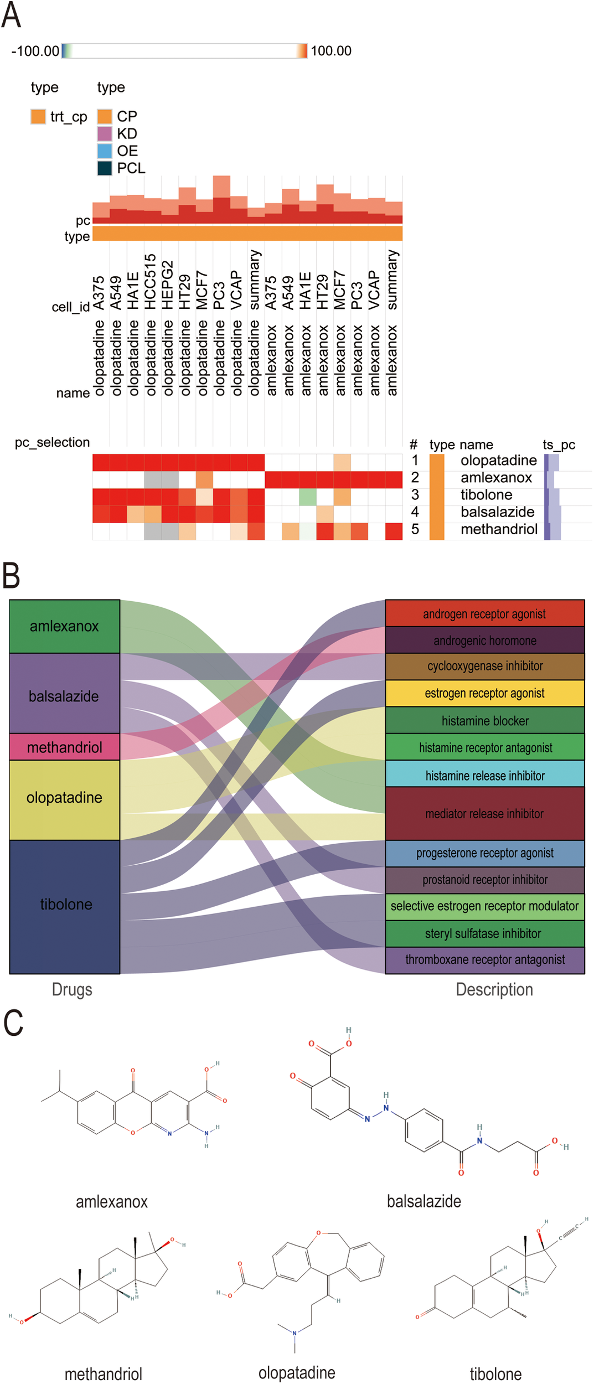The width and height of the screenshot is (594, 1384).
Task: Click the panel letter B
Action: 11,575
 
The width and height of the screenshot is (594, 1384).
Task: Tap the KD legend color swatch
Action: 105,133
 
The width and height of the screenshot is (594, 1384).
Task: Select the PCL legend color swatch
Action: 105,168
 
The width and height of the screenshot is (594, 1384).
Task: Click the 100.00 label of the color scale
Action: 330,51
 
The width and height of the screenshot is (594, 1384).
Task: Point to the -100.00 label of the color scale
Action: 35,51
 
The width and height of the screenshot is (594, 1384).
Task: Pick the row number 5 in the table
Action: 415,529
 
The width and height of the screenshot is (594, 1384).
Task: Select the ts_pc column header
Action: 559,445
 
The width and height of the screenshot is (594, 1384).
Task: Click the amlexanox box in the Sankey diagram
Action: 64,626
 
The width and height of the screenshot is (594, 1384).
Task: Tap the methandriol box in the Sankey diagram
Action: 64,747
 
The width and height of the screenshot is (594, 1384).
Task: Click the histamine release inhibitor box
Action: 485,775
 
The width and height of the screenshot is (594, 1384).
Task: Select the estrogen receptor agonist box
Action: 485,693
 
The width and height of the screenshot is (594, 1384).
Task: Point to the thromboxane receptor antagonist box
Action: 485,959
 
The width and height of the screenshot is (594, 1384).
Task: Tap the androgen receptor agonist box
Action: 485,613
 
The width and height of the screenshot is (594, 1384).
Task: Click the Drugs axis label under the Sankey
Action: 72,989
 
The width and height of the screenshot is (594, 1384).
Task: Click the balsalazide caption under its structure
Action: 423,1201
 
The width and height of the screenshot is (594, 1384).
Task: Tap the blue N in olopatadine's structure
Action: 295,1333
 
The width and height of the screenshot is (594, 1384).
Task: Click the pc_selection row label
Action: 52,442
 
